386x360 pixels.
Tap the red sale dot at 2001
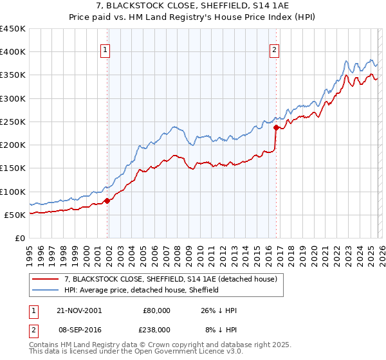[x=107, y=201]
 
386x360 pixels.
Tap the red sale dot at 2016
[x=276, y=127]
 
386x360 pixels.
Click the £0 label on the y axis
[x=19, y=238]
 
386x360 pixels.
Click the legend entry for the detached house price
[x=170, y=279]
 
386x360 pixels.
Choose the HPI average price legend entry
[x=142, y=290]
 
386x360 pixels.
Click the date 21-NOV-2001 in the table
[x=78, y=310]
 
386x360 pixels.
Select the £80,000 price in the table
[x=156, y=310]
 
